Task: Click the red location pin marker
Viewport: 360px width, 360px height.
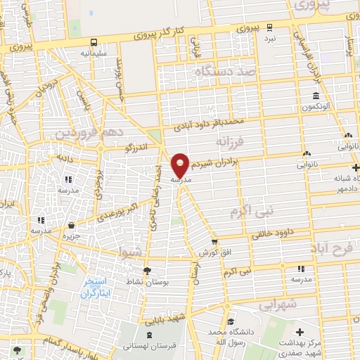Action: tap(181, 166)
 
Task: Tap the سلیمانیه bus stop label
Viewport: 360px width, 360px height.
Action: tap(94, 53)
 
